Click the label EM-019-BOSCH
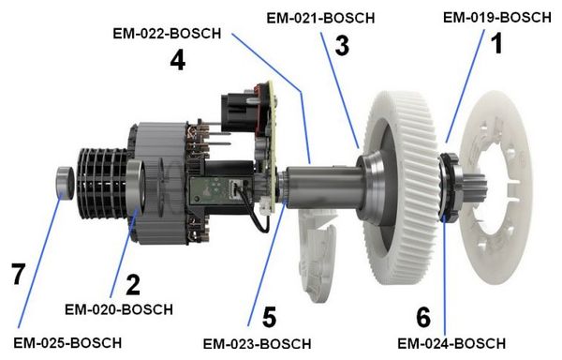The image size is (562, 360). point(497,17)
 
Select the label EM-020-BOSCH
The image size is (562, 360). point(119,309)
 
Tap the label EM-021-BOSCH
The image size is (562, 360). point(320,18)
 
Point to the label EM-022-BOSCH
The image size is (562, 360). point(167,34)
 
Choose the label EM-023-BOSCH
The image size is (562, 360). point(257,344)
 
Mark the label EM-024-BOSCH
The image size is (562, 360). point(451,343)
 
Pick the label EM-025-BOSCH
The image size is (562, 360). point(67,343)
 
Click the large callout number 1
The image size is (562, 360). point(496,43)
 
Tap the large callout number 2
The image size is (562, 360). point(133,285)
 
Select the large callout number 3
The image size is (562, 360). point(342,46)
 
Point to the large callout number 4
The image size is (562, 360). point(178,60)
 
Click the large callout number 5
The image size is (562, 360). point(270,317)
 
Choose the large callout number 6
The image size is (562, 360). point(423,317)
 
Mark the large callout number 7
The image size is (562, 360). point(18,274)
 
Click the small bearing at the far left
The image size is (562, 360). point(65,183)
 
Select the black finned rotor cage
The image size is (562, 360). point(102,184)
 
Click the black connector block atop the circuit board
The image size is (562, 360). point(240,112)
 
